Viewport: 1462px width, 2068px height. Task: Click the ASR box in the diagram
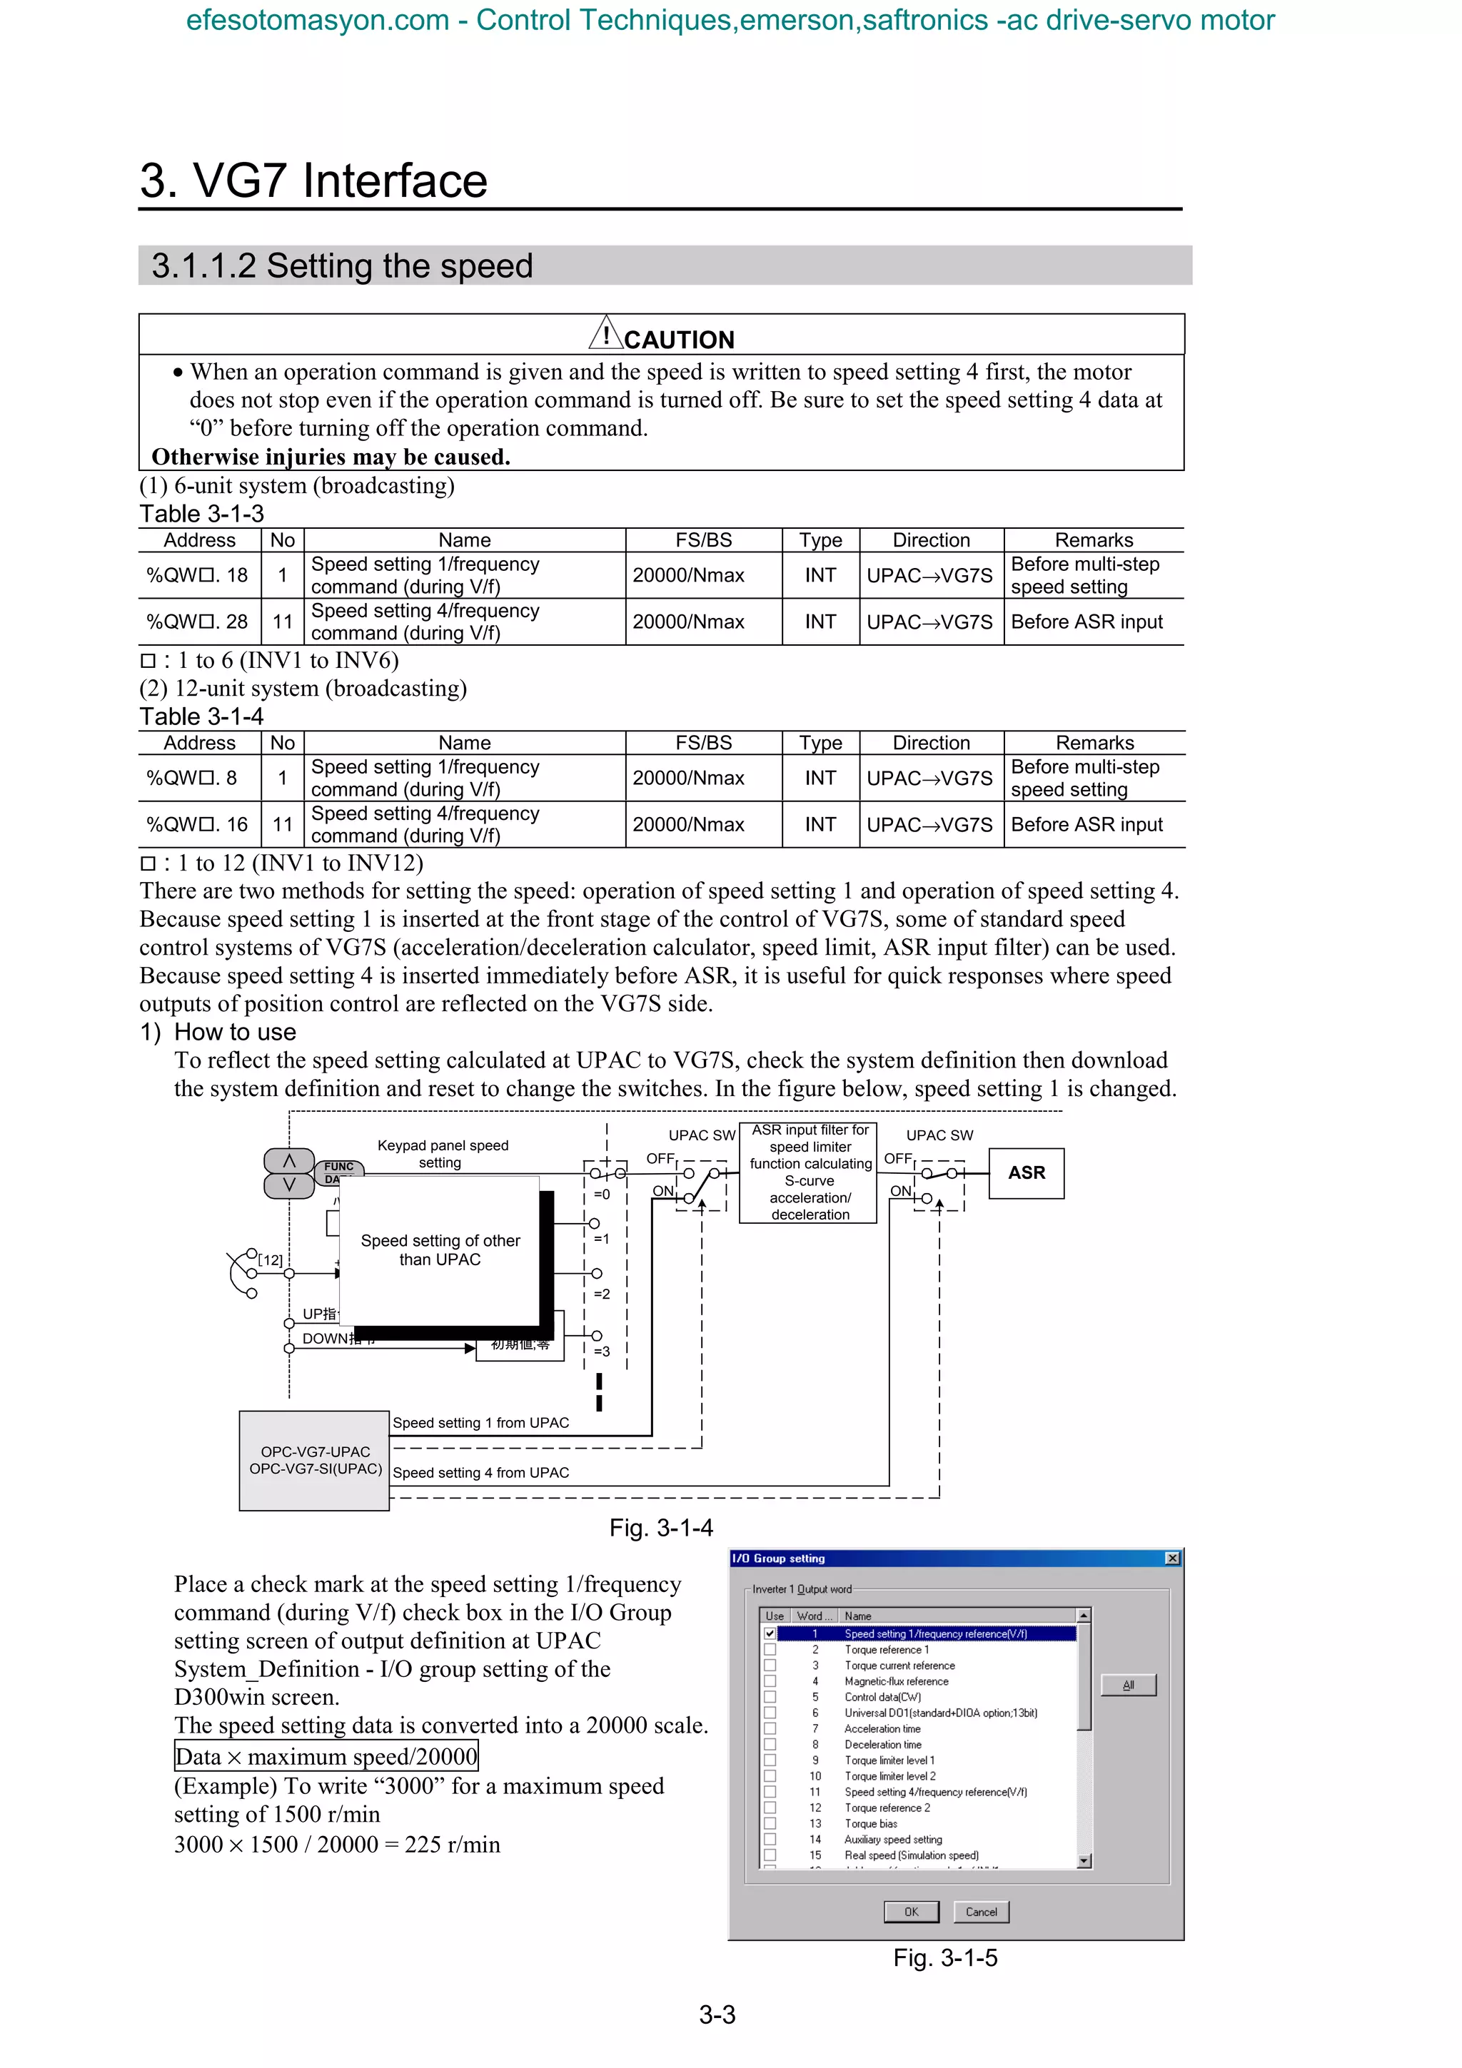pos(1026,1172)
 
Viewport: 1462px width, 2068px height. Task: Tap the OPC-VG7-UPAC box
pos(313,1460)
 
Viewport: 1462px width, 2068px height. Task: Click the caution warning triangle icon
pos(606,333)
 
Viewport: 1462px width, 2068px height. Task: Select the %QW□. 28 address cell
pos(198,622)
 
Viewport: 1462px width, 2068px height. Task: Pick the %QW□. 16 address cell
pos(198,824)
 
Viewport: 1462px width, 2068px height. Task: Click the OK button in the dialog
pos(911,1912)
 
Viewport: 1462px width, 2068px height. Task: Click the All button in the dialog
pos(1128,1686)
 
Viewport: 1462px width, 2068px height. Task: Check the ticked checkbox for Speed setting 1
pos(770,1634)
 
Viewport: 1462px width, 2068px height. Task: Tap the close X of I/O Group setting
pos(1172,1558)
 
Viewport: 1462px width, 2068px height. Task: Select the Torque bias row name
pos(870,1824)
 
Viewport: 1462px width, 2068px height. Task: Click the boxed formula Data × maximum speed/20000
pos(326,1756)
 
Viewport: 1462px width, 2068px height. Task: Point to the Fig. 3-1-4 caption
pos(661,1528)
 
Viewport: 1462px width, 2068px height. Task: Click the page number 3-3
pos(717,2015)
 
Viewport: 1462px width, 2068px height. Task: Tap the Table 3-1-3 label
pos(202,513)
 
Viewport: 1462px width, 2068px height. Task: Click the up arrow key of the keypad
pos(289,1161)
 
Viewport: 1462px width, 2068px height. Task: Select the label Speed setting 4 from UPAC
pos(481,1473)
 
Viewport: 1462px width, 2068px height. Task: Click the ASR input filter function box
pos(809,1172)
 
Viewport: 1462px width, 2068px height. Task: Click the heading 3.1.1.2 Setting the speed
pos(343,265)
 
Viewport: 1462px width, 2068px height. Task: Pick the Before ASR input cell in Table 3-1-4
pos(1087,824)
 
